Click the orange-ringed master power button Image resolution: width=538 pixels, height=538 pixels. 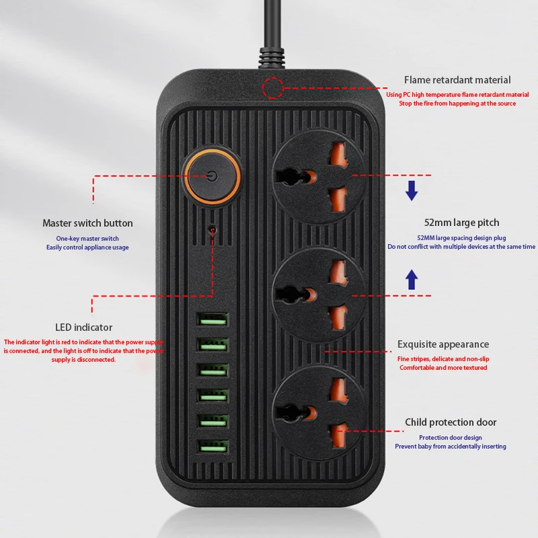tap(211, 177)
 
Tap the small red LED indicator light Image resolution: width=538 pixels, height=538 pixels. tap(213, 230)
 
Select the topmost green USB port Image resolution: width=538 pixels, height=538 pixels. tap(213, 319)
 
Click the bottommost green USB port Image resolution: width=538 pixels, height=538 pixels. tap(213, 445)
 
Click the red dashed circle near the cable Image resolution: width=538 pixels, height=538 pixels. tap(272, 87)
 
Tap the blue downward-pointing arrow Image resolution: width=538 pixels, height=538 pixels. tap(412, 192)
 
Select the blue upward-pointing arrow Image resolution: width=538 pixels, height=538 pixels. tap(412, 279)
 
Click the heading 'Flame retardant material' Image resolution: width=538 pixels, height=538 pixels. tap(457, 80)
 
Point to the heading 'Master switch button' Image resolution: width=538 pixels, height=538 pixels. tap(87, 223)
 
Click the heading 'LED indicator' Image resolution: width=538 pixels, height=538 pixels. tap(83, 328)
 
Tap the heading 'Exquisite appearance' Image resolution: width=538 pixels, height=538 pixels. tap(443, 344)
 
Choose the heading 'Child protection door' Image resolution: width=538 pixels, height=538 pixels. tap(451, 422)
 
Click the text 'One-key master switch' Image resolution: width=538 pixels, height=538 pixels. tap(87, 239)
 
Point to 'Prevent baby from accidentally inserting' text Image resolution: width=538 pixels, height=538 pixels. tap(451, 447)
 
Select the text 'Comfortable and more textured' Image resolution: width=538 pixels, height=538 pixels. tap(443, 368)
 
